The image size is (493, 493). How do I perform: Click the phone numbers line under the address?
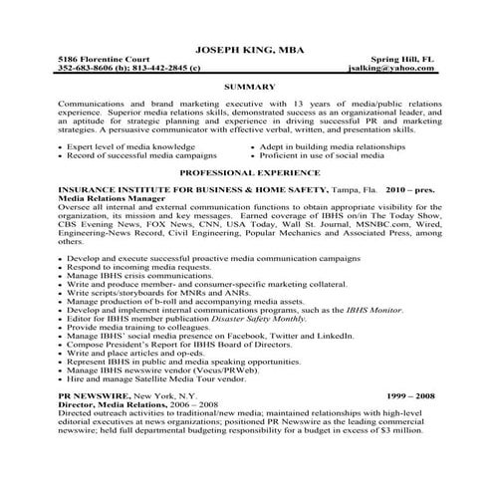(x=116, y=69)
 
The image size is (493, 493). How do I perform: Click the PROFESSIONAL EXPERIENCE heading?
(x=246, y=171)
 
